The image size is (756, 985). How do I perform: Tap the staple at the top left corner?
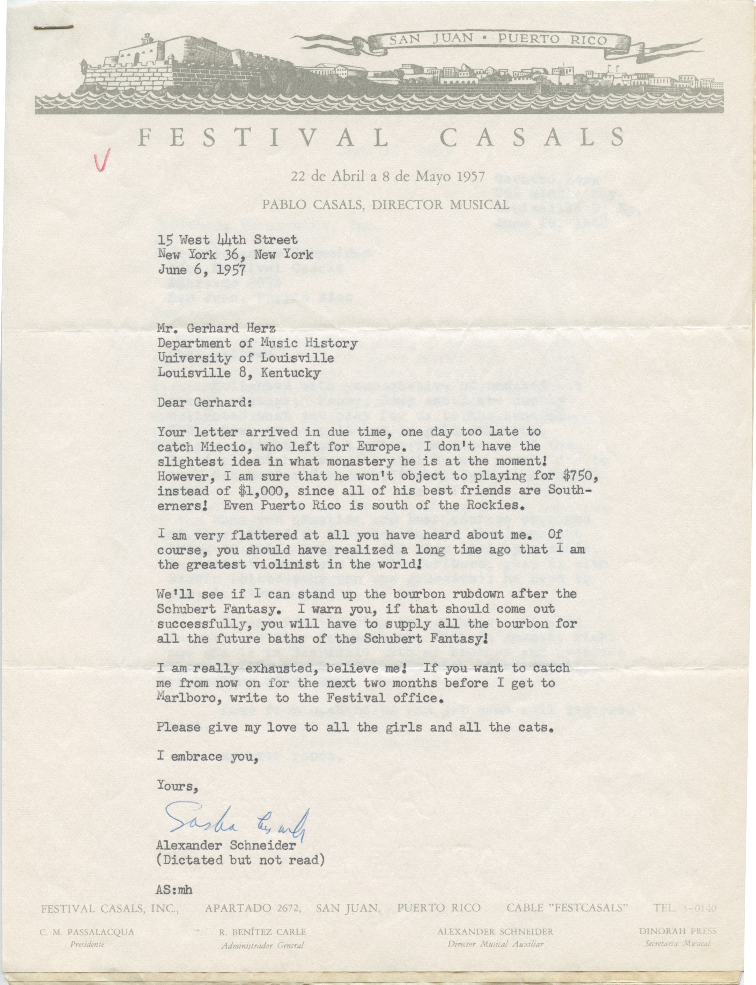(54, 27)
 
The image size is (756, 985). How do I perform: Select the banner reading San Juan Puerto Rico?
(498, 40)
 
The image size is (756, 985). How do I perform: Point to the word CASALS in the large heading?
(534, 137)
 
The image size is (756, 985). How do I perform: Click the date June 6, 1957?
(202, 270)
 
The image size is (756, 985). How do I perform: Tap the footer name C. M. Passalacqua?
(87, 932)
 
